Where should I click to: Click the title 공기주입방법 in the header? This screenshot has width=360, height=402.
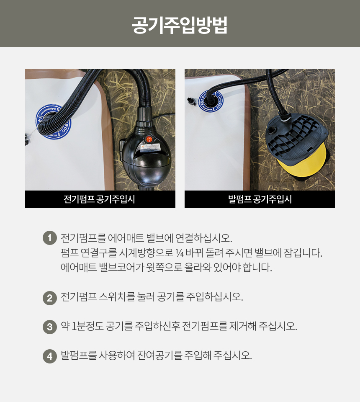click(x=180, y=25)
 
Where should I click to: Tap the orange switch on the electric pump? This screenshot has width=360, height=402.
click(x=149, y=139)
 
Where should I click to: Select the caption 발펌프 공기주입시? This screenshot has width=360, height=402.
click(x=260, y=199)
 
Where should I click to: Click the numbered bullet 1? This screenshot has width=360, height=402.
click(x=50, y=238)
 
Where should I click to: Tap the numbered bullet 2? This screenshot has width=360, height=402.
click(x=50, y=298)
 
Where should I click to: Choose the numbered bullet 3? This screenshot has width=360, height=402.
click(x=50, y=327)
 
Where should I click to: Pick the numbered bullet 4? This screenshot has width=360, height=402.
click(x=50, y=356)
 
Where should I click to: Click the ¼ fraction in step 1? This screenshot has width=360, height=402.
click(x=179, y=253)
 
